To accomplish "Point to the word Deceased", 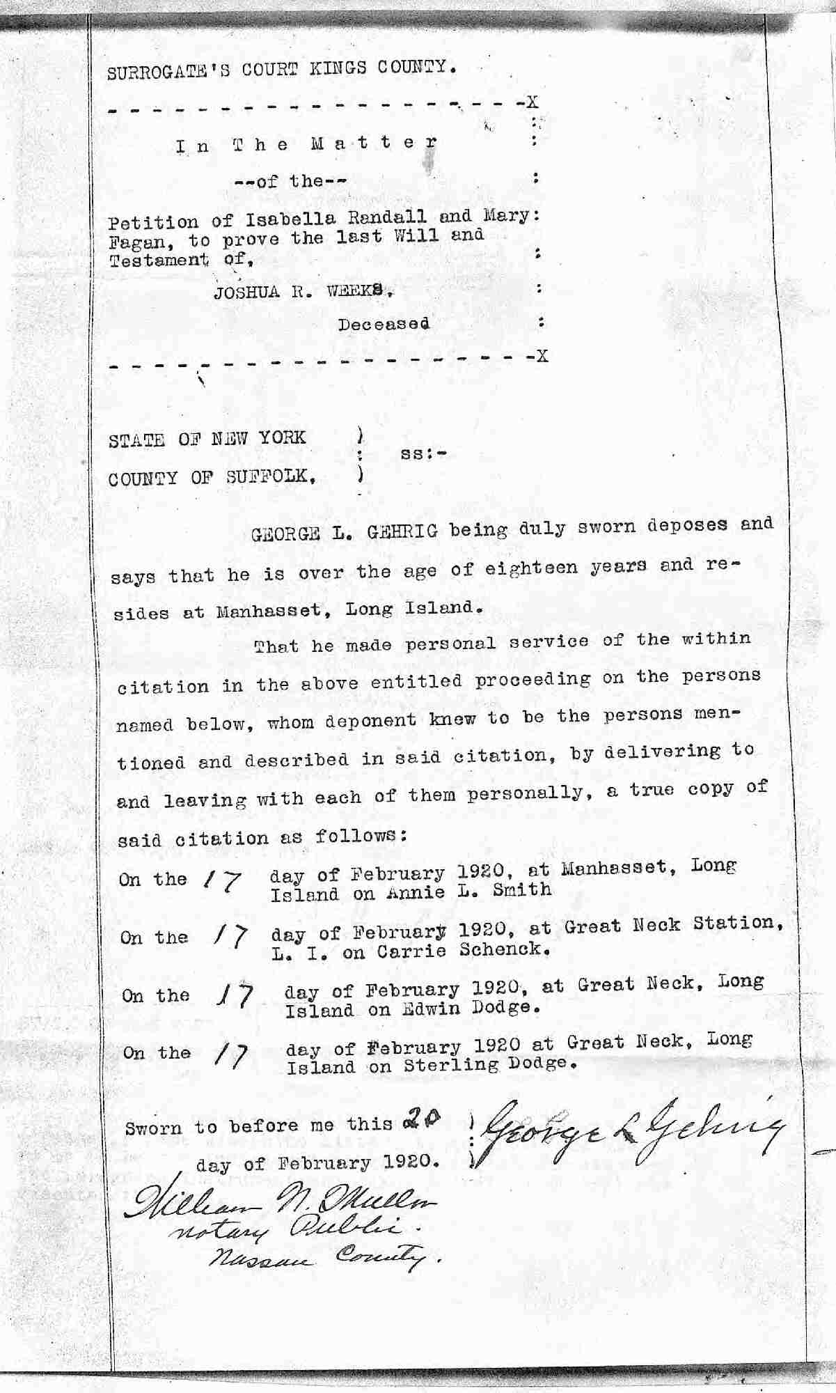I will click(x=384, y=324).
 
